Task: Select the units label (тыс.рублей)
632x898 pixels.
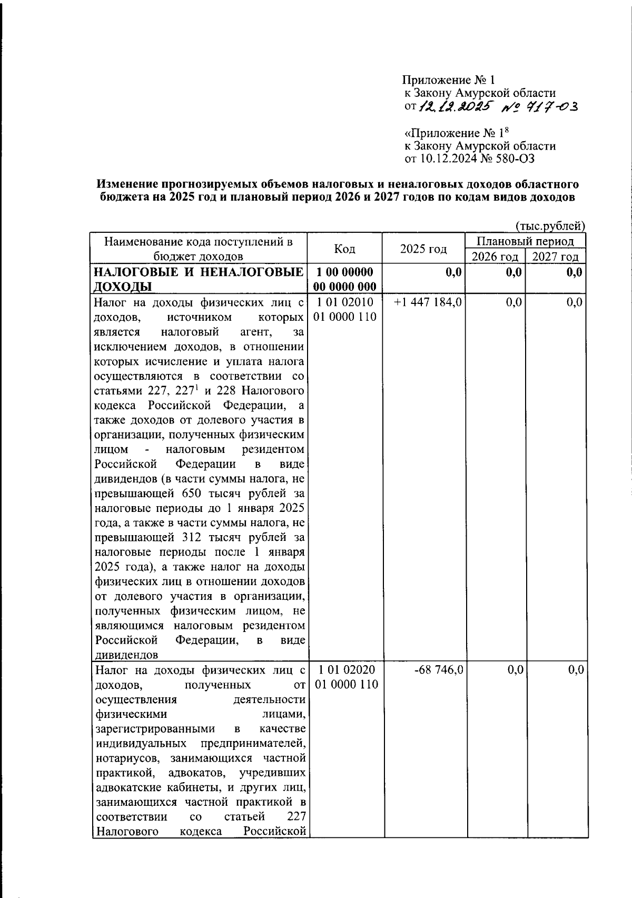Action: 550,226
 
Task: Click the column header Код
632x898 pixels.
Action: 344,249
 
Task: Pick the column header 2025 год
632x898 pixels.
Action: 423,249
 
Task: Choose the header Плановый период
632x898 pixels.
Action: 526,241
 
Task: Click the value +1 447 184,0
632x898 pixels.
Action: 428,302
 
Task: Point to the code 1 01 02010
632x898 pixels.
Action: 346,302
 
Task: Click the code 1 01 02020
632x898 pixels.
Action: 346,670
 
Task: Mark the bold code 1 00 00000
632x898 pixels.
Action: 345,272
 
